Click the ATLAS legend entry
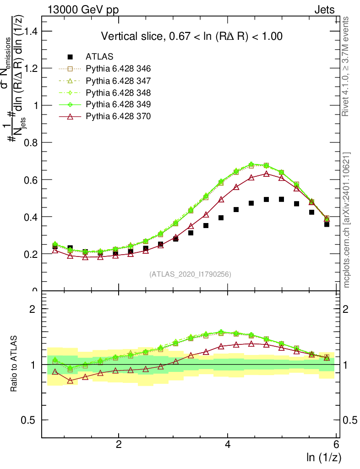[x=99, y=57]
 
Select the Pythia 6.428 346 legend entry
[x=118, y=69]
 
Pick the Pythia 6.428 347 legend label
[x=118, y=81]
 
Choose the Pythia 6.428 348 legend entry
[x=118, y=93]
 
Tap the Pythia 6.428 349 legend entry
[x=118, y=104]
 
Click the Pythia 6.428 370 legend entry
[x=118, y=116]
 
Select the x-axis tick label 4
[x=228, y=445]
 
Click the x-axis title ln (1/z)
[x=324, y=457]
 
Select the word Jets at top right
[x=324, y=10]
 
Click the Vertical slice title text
[x=191, y=36]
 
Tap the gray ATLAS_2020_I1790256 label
[x=190, y=274]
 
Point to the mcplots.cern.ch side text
[x=347, y=220]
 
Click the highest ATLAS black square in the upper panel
[x=281, y=199]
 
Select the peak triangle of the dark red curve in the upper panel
[x=266, y=174]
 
